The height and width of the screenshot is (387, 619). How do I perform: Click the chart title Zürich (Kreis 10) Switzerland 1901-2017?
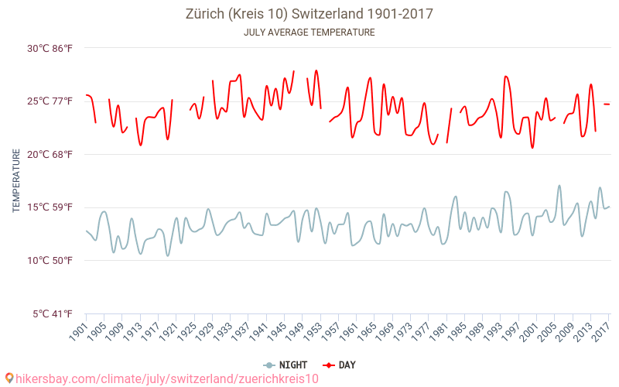309,14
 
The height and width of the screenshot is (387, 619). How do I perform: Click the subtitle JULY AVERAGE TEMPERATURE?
309,33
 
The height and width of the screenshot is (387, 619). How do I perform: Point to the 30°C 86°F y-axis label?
50,48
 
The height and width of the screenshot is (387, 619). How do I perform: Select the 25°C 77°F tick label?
50,101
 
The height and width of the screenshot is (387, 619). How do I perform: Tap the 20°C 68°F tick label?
50,154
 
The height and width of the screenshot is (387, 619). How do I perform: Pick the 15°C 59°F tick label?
50,207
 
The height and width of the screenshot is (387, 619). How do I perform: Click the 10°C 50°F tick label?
50,260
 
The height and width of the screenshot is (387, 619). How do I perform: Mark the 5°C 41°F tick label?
53,313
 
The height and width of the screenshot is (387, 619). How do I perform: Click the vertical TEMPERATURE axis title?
16,181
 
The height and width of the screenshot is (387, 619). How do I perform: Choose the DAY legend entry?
340,365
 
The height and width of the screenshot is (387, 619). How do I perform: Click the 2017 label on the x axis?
601,329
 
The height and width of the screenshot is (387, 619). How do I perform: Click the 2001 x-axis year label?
529,329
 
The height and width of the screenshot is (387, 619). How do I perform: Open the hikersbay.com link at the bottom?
166,378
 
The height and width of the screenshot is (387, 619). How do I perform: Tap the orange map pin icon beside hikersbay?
9,378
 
